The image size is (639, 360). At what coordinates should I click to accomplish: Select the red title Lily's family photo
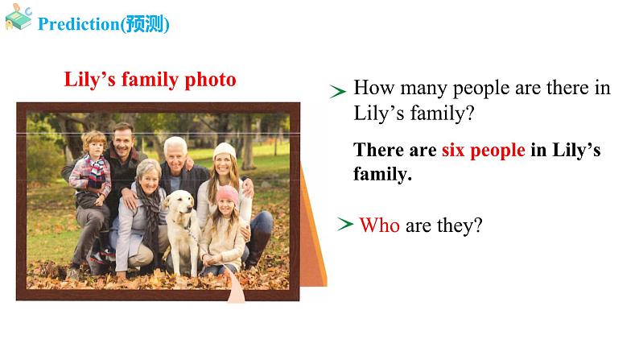[x=150, y=80]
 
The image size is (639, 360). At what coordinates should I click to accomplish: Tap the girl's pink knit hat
[x=228, y=194]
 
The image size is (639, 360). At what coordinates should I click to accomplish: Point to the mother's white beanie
[x=225, y=151]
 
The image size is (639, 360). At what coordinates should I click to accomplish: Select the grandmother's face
[x=148, y=173]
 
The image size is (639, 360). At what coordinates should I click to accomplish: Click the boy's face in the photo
[x=95, y=147]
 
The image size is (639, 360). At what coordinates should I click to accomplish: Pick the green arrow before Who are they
[x=345, y=225]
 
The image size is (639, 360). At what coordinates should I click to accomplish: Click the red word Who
[x=379, y=226]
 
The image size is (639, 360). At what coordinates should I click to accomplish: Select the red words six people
[x=483, y=151]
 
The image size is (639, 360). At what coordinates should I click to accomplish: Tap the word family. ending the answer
[x=382, y=173]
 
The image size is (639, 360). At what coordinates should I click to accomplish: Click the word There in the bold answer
[x=381, y=151]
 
